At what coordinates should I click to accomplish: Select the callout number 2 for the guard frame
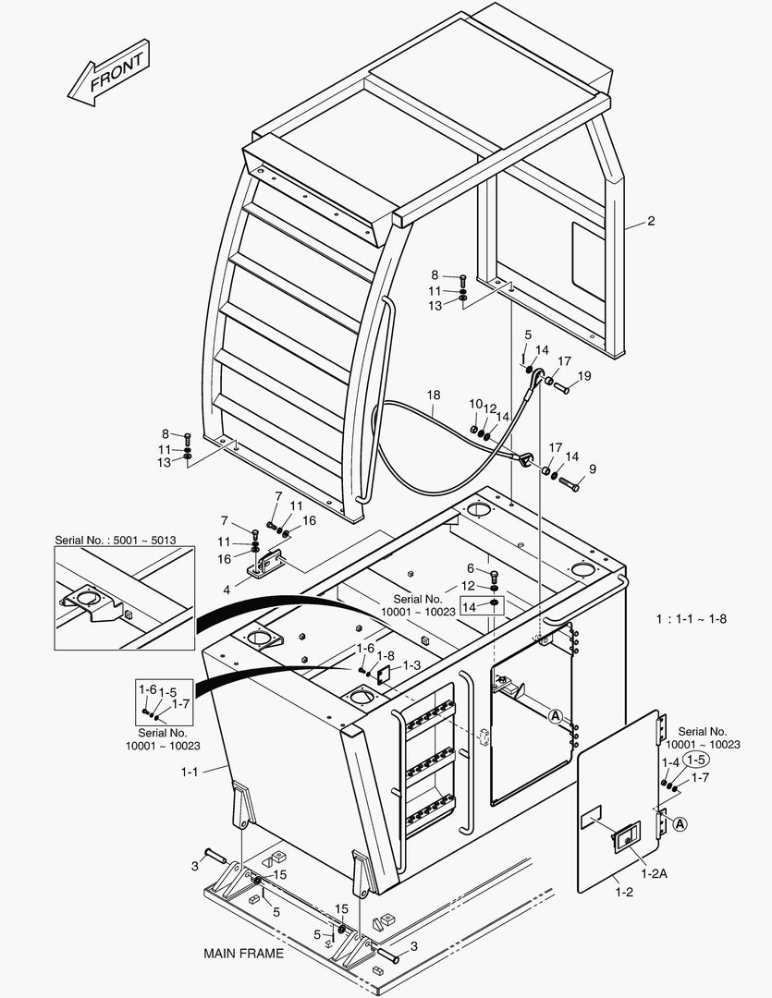tap(651, 221)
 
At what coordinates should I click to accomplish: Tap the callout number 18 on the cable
tap(434, 395)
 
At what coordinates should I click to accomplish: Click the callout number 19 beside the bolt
tap(584, 376)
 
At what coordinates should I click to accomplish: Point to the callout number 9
tap(593, 469)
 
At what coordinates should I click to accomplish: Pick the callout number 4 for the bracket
tap(227, 590)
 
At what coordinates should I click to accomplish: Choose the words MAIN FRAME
tap(243, 953)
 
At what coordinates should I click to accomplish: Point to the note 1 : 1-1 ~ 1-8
tap(691, 618)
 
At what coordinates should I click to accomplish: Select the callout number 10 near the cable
tap(475, 405)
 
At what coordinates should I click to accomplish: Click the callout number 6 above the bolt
tap(470, 568)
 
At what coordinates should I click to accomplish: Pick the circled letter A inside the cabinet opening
tap(556, 716)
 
